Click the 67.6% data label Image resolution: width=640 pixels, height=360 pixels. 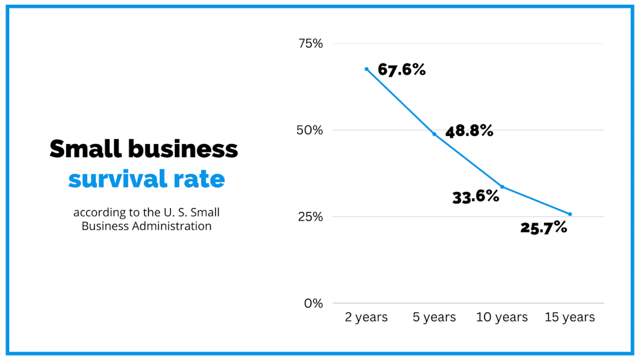(x=402, y=69)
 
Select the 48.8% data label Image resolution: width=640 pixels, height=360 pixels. (x=469, y=131)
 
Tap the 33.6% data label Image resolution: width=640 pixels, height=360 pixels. (x=476, y=197)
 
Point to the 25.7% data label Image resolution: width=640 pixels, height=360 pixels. (x=543, y=228)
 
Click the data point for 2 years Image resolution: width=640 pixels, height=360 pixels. (x=366, y=69)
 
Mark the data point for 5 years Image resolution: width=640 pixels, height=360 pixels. (x=434, y=134)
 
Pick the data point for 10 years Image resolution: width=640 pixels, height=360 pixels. (x=502, y=187)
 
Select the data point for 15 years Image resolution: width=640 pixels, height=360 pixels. (x=570, y=214)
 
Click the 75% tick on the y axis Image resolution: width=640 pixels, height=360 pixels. (x=310, y=44)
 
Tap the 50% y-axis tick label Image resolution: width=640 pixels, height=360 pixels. (x=310, y=130)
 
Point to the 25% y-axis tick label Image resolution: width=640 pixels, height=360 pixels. (x=310, y=217)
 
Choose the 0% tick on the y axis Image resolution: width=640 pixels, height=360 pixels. (x=314, y=303)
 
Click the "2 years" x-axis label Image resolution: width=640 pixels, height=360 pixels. (x=366, y=317)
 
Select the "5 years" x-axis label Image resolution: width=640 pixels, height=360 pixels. (x=434, y=317)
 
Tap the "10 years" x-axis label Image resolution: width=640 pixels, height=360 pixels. (x=502, y=317)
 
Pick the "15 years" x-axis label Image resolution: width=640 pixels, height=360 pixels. (x=570, y=317)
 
